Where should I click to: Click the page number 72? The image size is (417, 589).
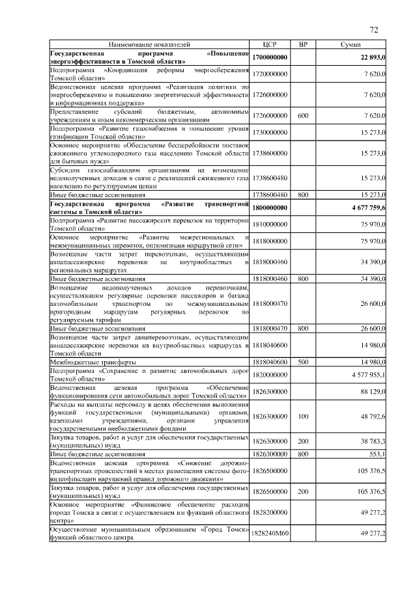tap(374, 30)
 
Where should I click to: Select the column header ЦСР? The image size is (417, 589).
tap(270, 44)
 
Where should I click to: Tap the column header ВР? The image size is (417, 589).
tap(302, 44)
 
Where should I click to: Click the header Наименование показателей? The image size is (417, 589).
tap(150, 44)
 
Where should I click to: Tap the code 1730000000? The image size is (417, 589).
tap(270, 132)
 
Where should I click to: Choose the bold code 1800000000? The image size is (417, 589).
tap(270, 208)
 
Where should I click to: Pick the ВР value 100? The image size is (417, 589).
tap(302, 416)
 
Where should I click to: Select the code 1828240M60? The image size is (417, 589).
tap(270, 533)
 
